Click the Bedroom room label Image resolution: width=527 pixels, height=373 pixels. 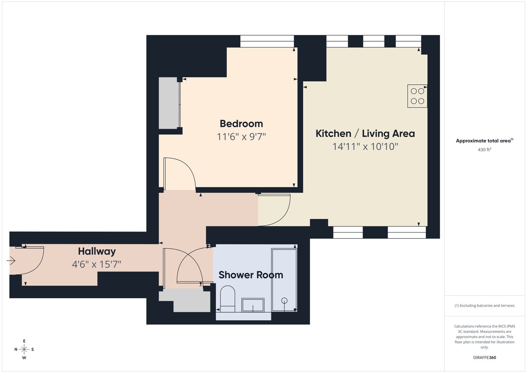[x=241, y=123]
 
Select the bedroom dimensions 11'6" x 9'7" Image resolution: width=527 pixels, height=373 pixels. [x=242, y=137]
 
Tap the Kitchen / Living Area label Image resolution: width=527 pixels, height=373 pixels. [x=365, y=134]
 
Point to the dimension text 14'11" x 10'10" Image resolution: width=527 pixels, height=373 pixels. [x=365, y=147]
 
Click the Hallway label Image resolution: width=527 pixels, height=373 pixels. [x=97, y=251]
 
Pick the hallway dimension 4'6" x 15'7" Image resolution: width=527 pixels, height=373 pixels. [x=97, y=264]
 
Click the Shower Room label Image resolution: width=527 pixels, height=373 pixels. [x=251, y=275]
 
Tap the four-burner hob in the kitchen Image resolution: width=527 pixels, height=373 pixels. [x=417, y=96]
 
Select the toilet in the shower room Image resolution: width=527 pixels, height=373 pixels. [x=227, y=298]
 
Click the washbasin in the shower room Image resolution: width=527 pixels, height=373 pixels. [x=253, y=304]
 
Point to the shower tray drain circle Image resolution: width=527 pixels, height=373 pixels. [x=284, y=301]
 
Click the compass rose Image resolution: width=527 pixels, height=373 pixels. [x=25, y=349]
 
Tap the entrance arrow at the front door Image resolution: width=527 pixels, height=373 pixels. [x=11, y=261]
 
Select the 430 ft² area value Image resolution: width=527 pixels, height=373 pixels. [x=484, y=149]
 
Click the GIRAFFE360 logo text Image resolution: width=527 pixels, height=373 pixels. [x=484, y=358]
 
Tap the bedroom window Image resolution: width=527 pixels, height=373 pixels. [x=267, y=41]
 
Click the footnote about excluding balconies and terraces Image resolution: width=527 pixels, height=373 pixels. [x=484, y=305]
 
